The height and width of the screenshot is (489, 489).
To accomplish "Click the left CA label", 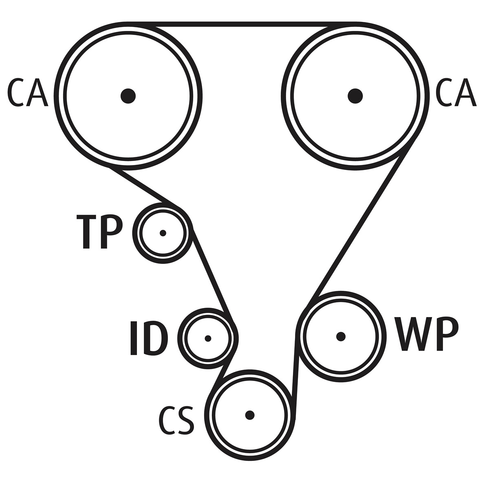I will click(x=28, y=93).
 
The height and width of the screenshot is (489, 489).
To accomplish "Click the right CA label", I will click(x=456, y=93).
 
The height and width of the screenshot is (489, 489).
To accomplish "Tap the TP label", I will click(x=99, y=232).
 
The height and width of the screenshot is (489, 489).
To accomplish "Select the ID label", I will click(x=149, y=339).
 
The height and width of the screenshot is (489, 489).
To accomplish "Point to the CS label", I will click(x=176, y=419).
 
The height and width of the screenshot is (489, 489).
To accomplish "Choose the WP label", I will click(x=427, y=335).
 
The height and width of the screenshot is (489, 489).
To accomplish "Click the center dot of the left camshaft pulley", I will click(x=128, y=96).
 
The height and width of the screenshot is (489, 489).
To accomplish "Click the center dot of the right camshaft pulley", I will click(x=355, y=96).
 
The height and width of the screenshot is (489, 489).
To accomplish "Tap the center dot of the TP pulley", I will click(x=163, y=233).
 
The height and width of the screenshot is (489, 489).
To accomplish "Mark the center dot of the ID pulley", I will click(x=208, y=338).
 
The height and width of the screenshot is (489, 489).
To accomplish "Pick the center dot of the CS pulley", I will click(x=250, y=415).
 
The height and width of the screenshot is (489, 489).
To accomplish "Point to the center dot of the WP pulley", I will click(x=341, y=336).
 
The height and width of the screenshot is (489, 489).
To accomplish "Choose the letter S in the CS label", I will click(x=185, y=419).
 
